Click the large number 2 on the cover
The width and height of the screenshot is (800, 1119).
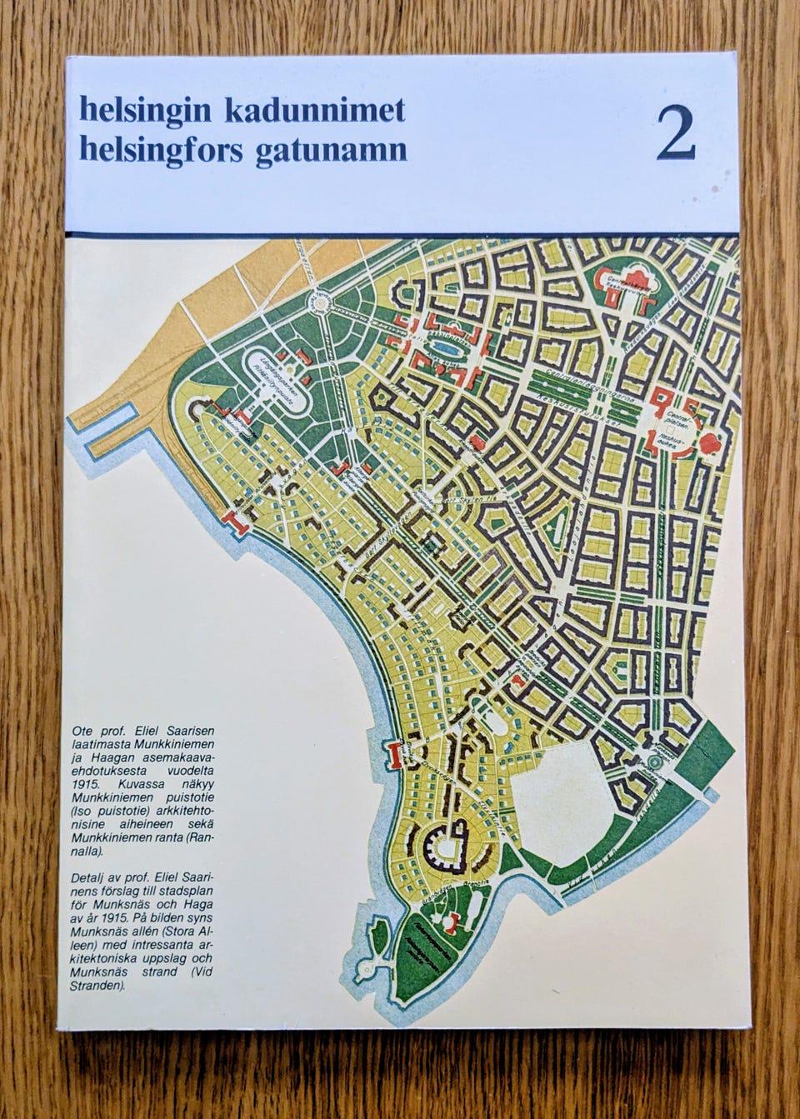(x=675, y=133)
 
